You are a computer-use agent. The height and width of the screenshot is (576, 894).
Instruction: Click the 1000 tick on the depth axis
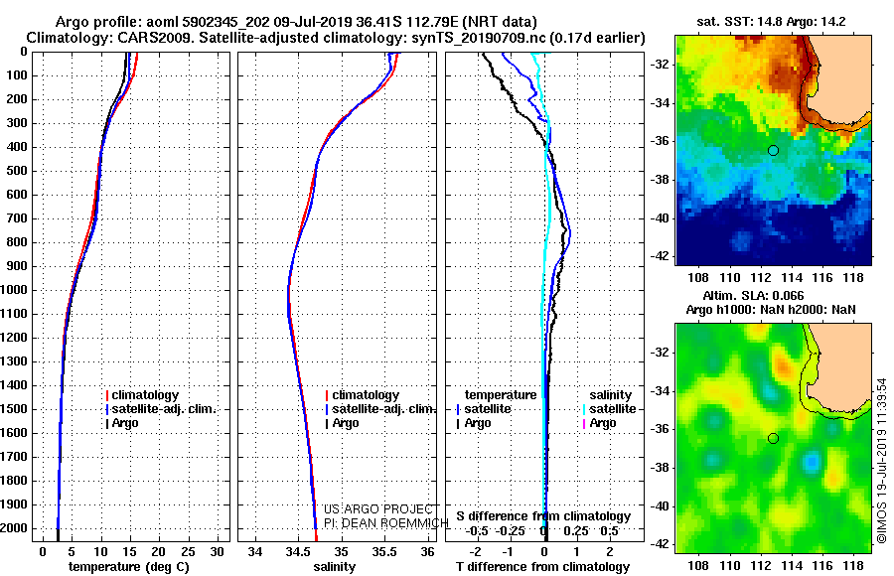point(17,290)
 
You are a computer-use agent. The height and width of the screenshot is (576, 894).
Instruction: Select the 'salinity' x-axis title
point(334,566)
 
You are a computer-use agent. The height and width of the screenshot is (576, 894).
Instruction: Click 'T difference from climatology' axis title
point(541,566)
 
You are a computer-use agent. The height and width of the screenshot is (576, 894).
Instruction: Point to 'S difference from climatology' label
point(543,516)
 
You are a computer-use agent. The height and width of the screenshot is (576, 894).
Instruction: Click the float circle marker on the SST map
point(773,150)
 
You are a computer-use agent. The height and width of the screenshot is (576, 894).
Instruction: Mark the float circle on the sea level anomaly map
point(773,438)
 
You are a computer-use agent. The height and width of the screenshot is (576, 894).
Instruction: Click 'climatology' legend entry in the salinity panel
point(366,395)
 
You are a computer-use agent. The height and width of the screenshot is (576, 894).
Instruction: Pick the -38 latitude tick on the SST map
point(661,180)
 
